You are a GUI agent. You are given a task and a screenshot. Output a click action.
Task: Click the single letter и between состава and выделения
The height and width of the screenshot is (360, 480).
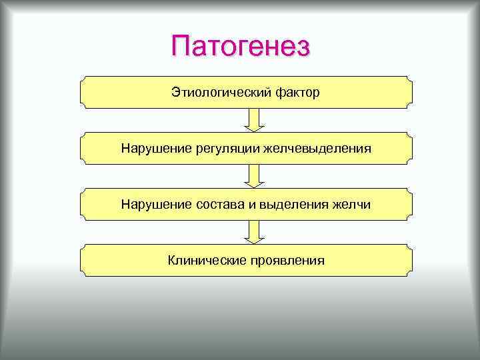[252, 204]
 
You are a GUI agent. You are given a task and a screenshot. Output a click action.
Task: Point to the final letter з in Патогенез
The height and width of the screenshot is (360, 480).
[303, 48]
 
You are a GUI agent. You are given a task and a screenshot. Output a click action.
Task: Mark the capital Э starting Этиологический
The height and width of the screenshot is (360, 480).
[175, 92]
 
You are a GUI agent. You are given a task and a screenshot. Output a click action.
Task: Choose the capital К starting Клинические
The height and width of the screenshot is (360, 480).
[171, 259]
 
